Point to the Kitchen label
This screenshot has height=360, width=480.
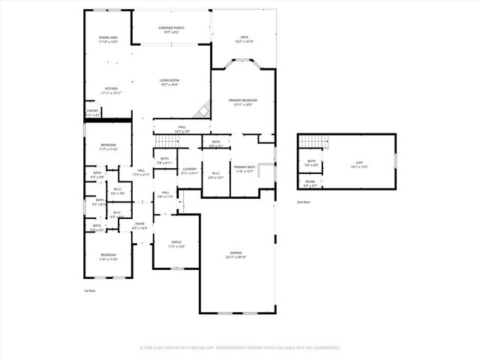click(x=111, y=89)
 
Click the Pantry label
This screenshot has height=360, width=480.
click(x=92, y=112)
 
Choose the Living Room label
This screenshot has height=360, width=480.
click(x=169, y=82)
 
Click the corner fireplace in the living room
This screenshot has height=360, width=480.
click(x=202, y=110)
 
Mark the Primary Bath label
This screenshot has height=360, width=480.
click(x=244, y=169)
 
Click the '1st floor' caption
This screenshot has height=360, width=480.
click(x=89, y=290)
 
